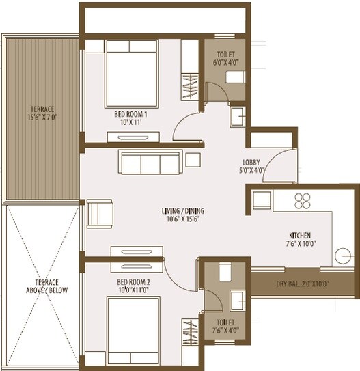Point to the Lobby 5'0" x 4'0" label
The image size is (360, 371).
(x=250, y=167)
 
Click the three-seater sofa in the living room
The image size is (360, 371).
(x=149, y=163)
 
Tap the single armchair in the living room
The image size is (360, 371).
(x=100, y=212)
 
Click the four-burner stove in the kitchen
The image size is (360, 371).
(x=301, y=200)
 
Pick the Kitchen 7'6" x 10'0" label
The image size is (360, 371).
(x=301, y=238)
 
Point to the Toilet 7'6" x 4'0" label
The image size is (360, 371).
(x=225, y=326)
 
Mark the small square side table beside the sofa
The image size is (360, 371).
(x=193, y=159)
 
